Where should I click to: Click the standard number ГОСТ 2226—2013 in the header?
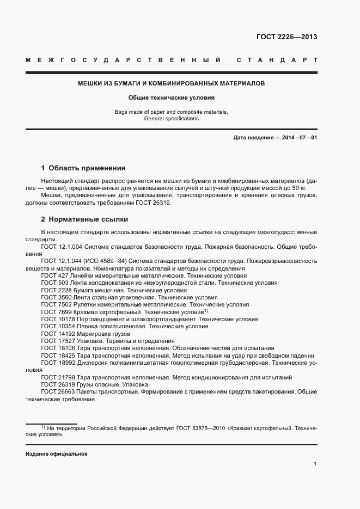pos(286,37)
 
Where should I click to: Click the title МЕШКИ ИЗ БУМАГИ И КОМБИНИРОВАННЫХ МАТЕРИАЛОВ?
pos(171,84)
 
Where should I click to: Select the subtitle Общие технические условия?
pos(171,99)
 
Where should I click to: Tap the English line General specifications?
pos(171,119)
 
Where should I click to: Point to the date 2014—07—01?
pos(298,138)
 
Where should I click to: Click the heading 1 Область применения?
pos(83,168)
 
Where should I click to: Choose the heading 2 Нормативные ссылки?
pos(84,219)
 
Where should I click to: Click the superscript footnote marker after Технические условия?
pos(206,311)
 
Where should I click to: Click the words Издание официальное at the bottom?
pos(56,454)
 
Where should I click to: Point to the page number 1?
pos(315,464)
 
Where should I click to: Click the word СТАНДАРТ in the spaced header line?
pos(277,59)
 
